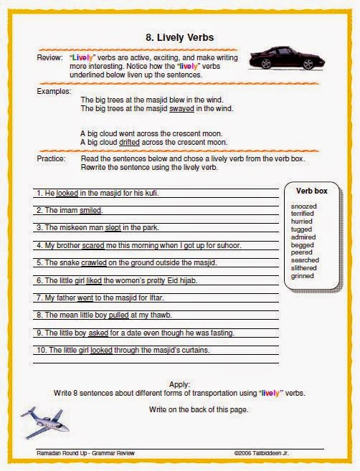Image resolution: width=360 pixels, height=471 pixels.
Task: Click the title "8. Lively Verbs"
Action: point(179,37)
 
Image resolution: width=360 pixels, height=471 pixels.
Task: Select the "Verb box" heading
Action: point(311,191)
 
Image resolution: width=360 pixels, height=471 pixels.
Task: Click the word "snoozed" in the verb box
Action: point(305,206)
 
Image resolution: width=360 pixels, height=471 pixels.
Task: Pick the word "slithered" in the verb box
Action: point(305,268)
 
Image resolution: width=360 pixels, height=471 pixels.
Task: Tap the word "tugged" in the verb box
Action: point(303,229)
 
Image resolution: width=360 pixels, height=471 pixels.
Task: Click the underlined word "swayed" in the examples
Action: point(181,109)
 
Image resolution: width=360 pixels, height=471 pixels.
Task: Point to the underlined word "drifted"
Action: point(130,142)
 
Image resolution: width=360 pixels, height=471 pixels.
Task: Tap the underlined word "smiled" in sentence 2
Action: point(90,211)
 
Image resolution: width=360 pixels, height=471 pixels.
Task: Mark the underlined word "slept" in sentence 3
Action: point(113,228)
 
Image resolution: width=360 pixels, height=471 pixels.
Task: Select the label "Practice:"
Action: point(51,158)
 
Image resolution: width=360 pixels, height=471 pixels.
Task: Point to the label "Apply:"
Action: point(180,385)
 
